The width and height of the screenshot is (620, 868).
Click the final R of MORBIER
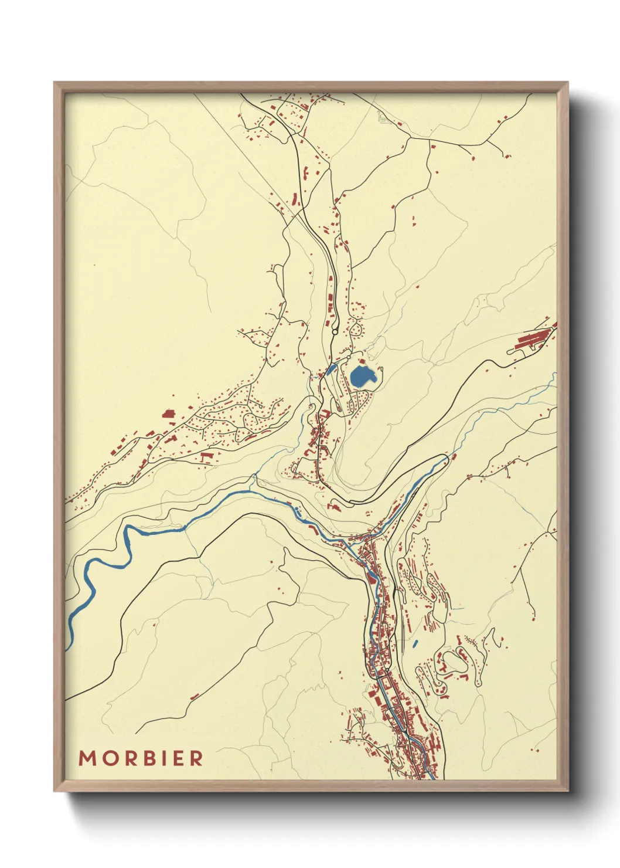196,758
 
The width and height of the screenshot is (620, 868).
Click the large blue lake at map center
362,376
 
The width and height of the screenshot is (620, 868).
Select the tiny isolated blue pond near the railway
415,644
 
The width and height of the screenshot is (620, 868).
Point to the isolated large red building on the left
169,413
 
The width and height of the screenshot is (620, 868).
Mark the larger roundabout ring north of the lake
334,332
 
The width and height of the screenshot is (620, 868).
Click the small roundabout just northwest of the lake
348,356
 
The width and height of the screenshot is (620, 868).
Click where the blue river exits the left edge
67,645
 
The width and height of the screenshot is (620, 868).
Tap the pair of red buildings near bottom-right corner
536,748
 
